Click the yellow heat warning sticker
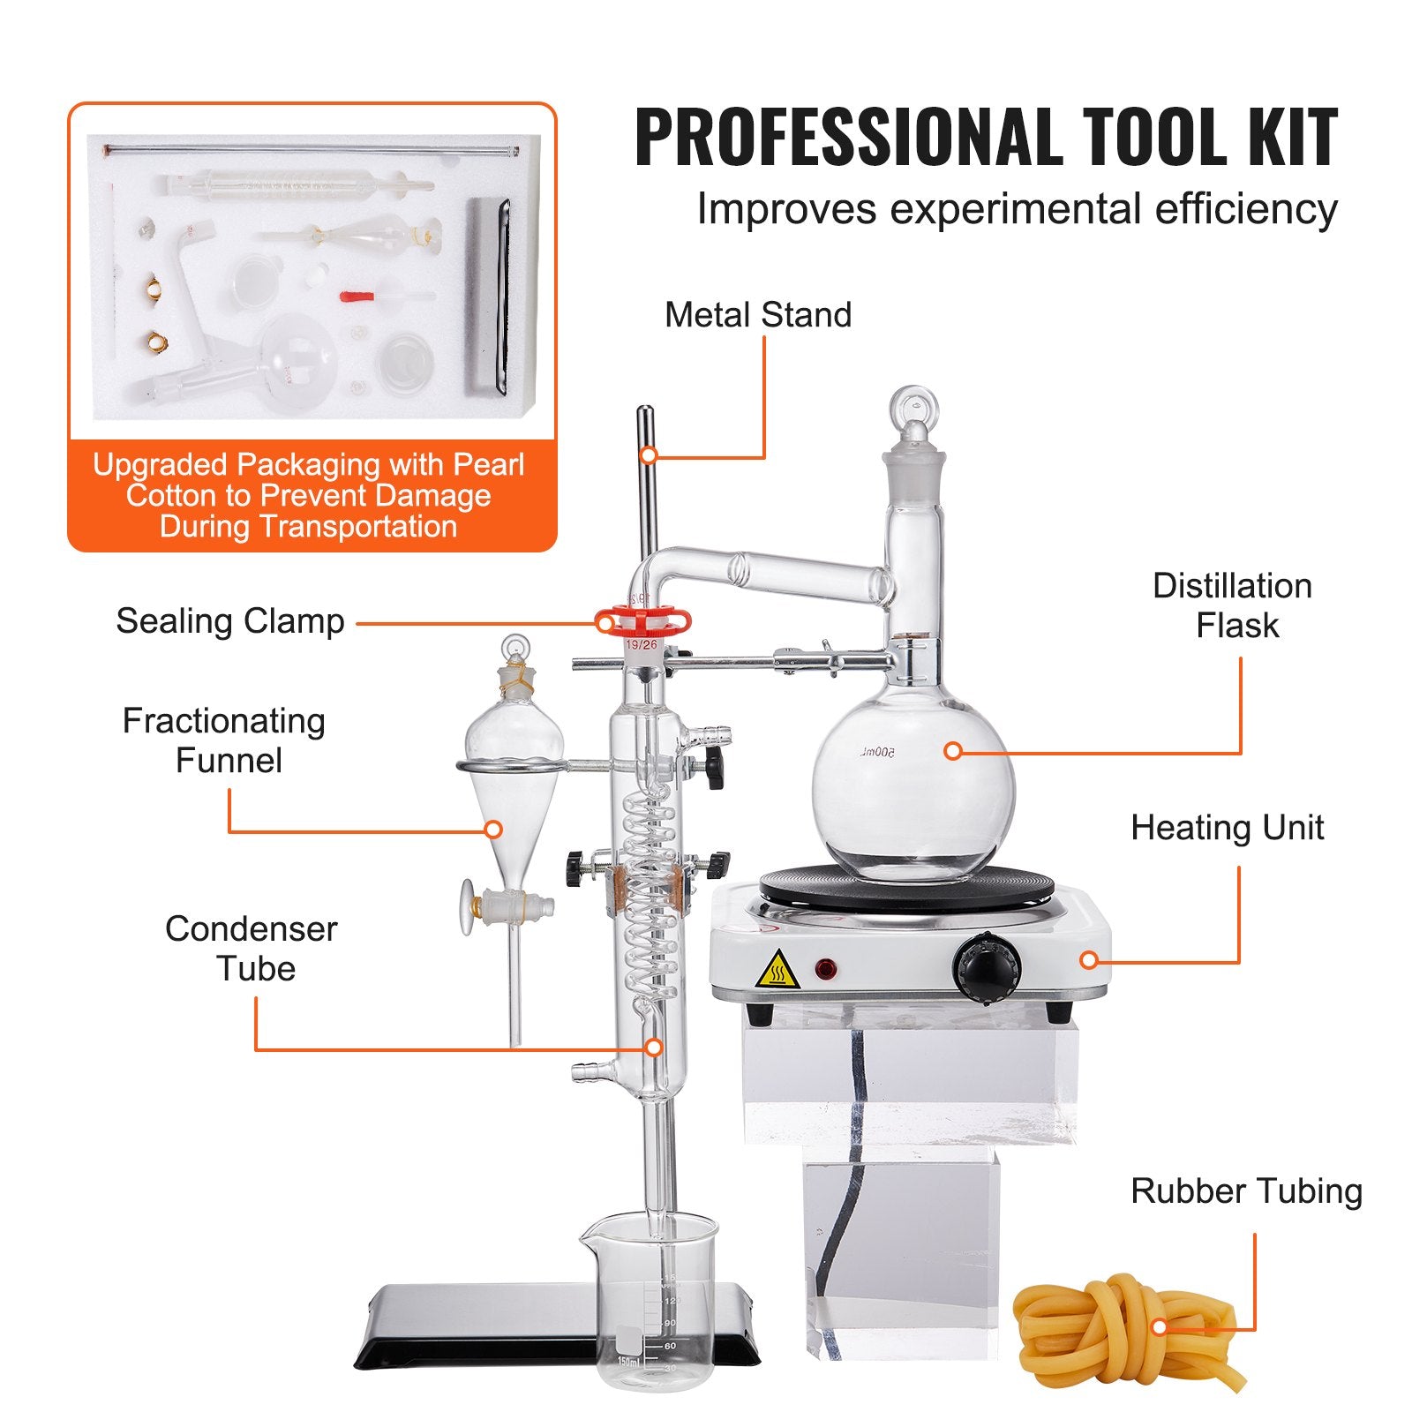pyautogui.click(x=777, y=970)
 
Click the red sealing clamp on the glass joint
pyautogui.click(x=642, y=621)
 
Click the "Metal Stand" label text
pyautogui.click(x=758, y=315)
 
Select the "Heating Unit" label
pyautogui.click(x=1227, y=828)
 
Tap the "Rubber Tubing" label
pyautogui.click(x=1246, y=1191)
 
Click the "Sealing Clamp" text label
pyautogui.click(x=230, y=621)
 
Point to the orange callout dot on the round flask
pyautogui.click(x=952, y=751)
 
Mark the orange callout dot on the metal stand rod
pyautogui.click(x=649, y=455)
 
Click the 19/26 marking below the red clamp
pyautogui.click(x=642, y=645)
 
